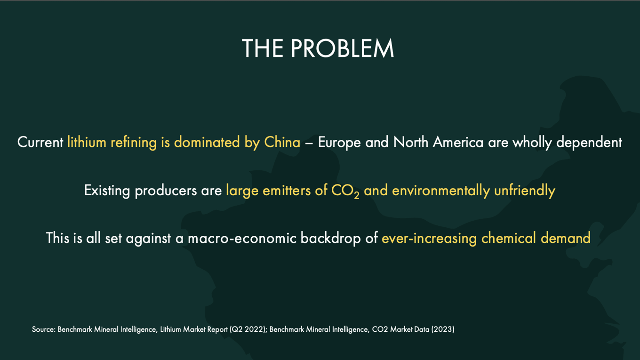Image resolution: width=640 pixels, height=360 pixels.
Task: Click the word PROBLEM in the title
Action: pyautogui.click(x=343, y=48)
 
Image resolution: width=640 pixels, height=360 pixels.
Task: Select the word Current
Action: pyautogui.click(x=40, y=142)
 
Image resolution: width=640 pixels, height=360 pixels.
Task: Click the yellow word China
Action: pyautogui.click(x=282, y=142)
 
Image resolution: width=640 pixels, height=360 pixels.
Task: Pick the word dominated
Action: pyautogui.click(x=207, y=142)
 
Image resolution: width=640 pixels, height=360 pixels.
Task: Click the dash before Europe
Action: pyautogui.click(x=309, y=143)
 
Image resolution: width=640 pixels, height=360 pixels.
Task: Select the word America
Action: pyautogui.click(x=458, y=142)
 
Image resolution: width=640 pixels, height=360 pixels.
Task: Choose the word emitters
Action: pyautogui.click(x=287, y=191)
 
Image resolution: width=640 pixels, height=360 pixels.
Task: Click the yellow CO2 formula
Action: pyautogui.click(x=345, y=191)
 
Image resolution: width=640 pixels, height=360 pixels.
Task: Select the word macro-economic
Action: pyautogui.click(x=242, y=238)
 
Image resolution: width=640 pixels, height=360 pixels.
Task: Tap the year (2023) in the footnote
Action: pyautogui.click(x=443, y=329)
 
